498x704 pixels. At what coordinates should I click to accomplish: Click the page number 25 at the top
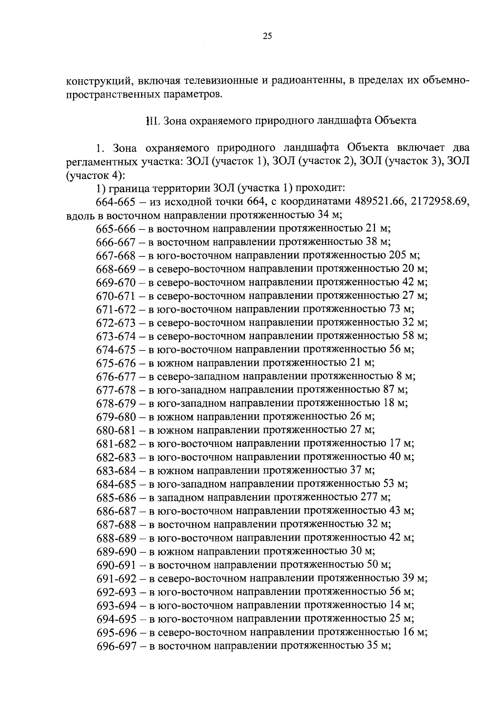(267, 36)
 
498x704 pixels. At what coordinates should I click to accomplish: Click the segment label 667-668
(116, 255)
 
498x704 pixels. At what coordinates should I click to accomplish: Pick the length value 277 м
(373, 497)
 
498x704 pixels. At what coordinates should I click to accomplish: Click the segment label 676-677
(116, 377)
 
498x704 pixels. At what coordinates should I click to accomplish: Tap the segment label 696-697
(116, 646)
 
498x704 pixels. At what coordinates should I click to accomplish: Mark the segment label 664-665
(116, 202)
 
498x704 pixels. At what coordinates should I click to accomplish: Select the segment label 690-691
(116, 565)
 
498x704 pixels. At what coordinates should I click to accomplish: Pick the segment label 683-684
(116, 470)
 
